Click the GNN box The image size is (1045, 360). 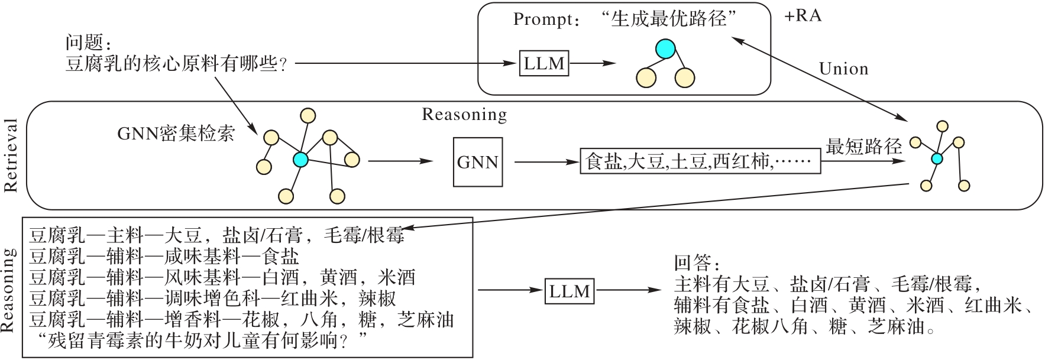478,163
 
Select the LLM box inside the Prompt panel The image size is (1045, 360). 544,63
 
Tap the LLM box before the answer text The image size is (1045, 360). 570,291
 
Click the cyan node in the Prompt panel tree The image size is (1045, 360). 665,49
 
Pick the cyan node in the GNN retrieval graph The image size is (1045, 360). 300,159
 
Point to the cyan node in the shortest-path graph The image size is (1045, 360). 937,158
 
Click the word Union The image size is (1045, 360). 843,69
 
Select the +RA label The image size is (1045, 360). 803,16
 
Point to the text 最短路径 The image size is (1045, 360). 863,147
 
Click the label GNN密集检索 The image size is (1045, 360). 176,134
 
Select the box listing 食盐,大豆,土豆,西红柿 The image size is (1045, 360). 701,161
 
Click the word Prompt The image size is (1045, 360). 541,20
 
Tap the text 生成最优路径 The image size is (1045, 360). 669,19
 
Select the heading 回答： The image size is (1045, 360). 697,263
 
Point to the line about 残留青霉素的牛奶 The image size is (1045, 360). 202,341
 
